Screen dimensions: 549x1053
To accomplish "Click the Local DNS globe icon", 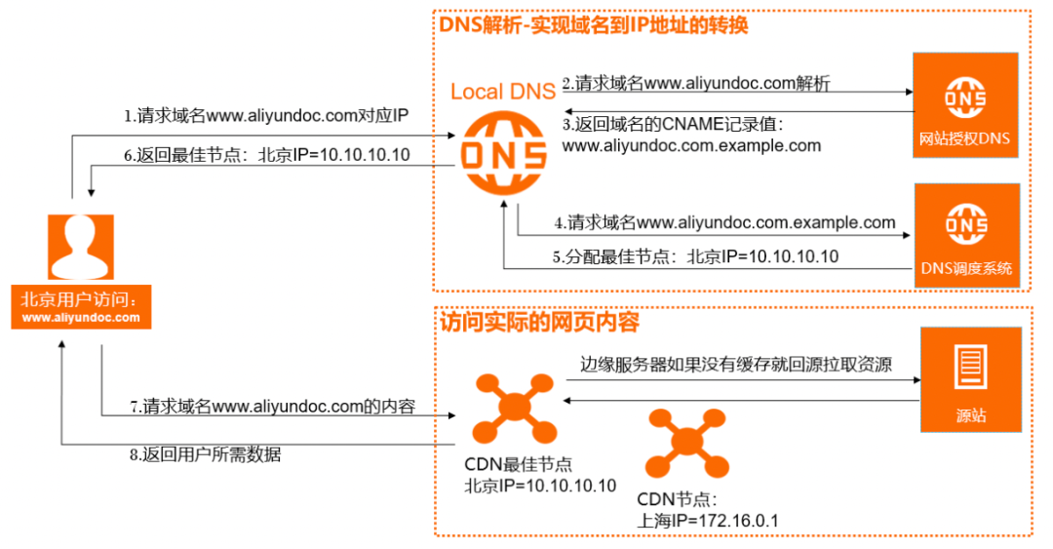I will pos(503,155).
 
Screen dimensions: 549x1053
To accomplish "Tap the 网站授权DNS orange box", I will pos(965,105).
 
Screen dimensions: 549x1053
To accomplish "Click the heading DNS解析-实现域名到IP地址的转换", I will pos(593,24).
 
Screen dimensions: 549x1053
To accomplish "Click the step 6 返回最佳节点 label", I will pos(265,154).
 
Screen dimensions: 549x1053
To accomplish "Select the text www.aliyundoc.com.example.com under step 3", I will pos(691,146).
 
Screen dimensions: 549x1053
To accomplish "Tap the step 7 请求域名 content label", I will pos(272,408).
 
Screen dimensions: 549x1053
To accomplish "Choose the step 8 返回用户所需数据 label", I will pos(204,454).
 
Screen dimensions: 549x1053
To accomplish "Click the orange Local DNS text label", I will pos(502,93).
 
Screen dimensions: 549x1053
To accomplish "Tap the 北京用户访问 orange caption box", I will pos(81,306).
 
